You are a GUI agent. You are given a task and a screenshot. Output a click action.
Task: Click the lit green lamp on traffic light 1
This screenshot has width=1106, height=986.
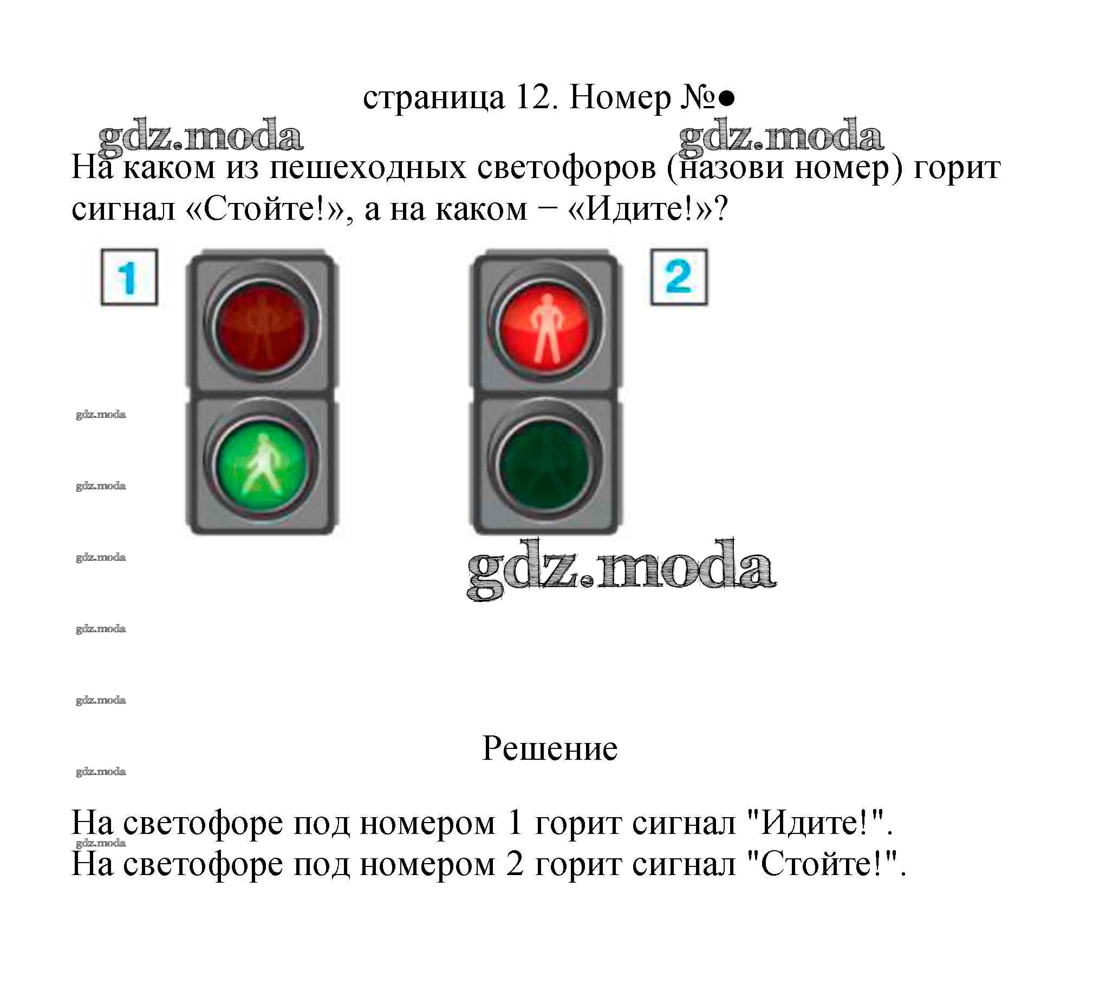tap(261, 464)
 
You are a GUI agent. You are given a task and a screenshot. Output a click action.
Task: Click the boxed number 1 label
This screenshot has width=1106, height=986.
tap(129, 277)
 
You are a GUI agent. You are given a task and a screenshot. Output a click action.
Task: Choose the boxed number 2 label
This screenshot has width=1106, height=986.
tap(679, 277)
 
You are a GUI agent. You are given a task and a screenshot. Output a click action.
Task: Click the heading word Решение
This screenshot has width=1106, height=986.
tap(550, 750)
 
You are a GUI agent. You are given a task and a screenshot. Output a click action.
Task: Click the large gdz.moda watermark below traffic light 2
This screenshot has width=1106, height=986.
tap(621, 569)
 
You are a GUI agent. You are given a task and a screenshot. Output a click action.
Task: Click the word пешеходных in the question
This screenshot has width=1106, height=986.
tap(368, 167)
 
